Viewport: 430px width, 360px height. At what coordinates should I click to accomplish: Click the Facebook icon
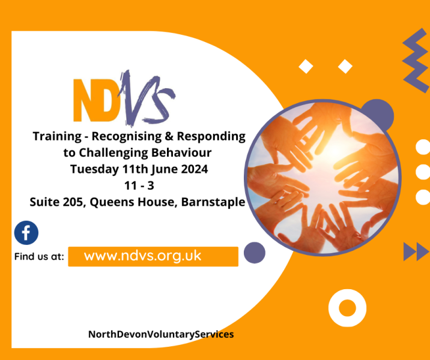pyautogui.click(x=26, y=233)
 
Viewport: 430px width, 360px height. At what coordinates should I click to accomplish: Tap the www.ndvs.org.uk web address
pyautogui.click(x=142, y=256)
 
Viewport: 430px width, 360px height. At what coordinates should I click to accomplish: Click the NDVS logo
pyautogui.click(x=124, y=98)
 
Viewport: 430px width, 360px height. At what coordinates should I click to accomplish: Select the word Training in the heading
pyautogui.click(x=57, y=136)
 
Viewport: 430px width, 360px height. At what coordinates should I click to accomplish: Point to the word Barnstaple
pyautogui.click(x=213, y=202)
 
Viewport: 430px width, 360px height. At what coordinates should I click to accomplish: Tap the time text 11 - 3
pyautogui.click(x=139, y=186)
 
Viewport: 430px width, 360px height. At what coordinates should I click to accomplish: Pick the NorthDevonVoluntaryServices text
pyautogui.click(x=161, y=334)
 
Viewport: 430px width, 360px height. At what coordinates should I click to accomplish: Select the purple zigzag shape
pyautogui.click(x=416, y=60)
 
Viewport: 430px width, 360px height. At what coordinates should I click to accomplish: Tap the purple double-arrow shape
pyautogui.click(x=416, y=251)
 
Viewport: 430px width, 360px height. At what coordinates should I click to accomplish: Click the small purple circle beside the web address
pyautogui.click(x=255, y=253)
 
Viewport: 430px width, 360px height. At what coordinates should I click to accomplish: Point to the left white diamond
pyautogui.click(x=306, y=67)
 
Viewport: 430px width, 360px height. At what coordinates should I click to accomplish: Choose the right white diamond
pyautogui.click(x=345, y=67)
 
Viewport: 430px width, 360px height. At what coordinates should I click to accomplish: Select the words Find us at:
pyautogui.click(x=39, y=257)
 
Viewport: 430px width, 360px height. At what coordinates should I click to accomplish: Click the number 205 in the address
pyautogui.click(x=73, y=202)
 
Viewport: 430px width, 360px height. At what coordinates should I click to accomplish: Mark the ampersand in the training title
pyautogui.click(x=169, y=136)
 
